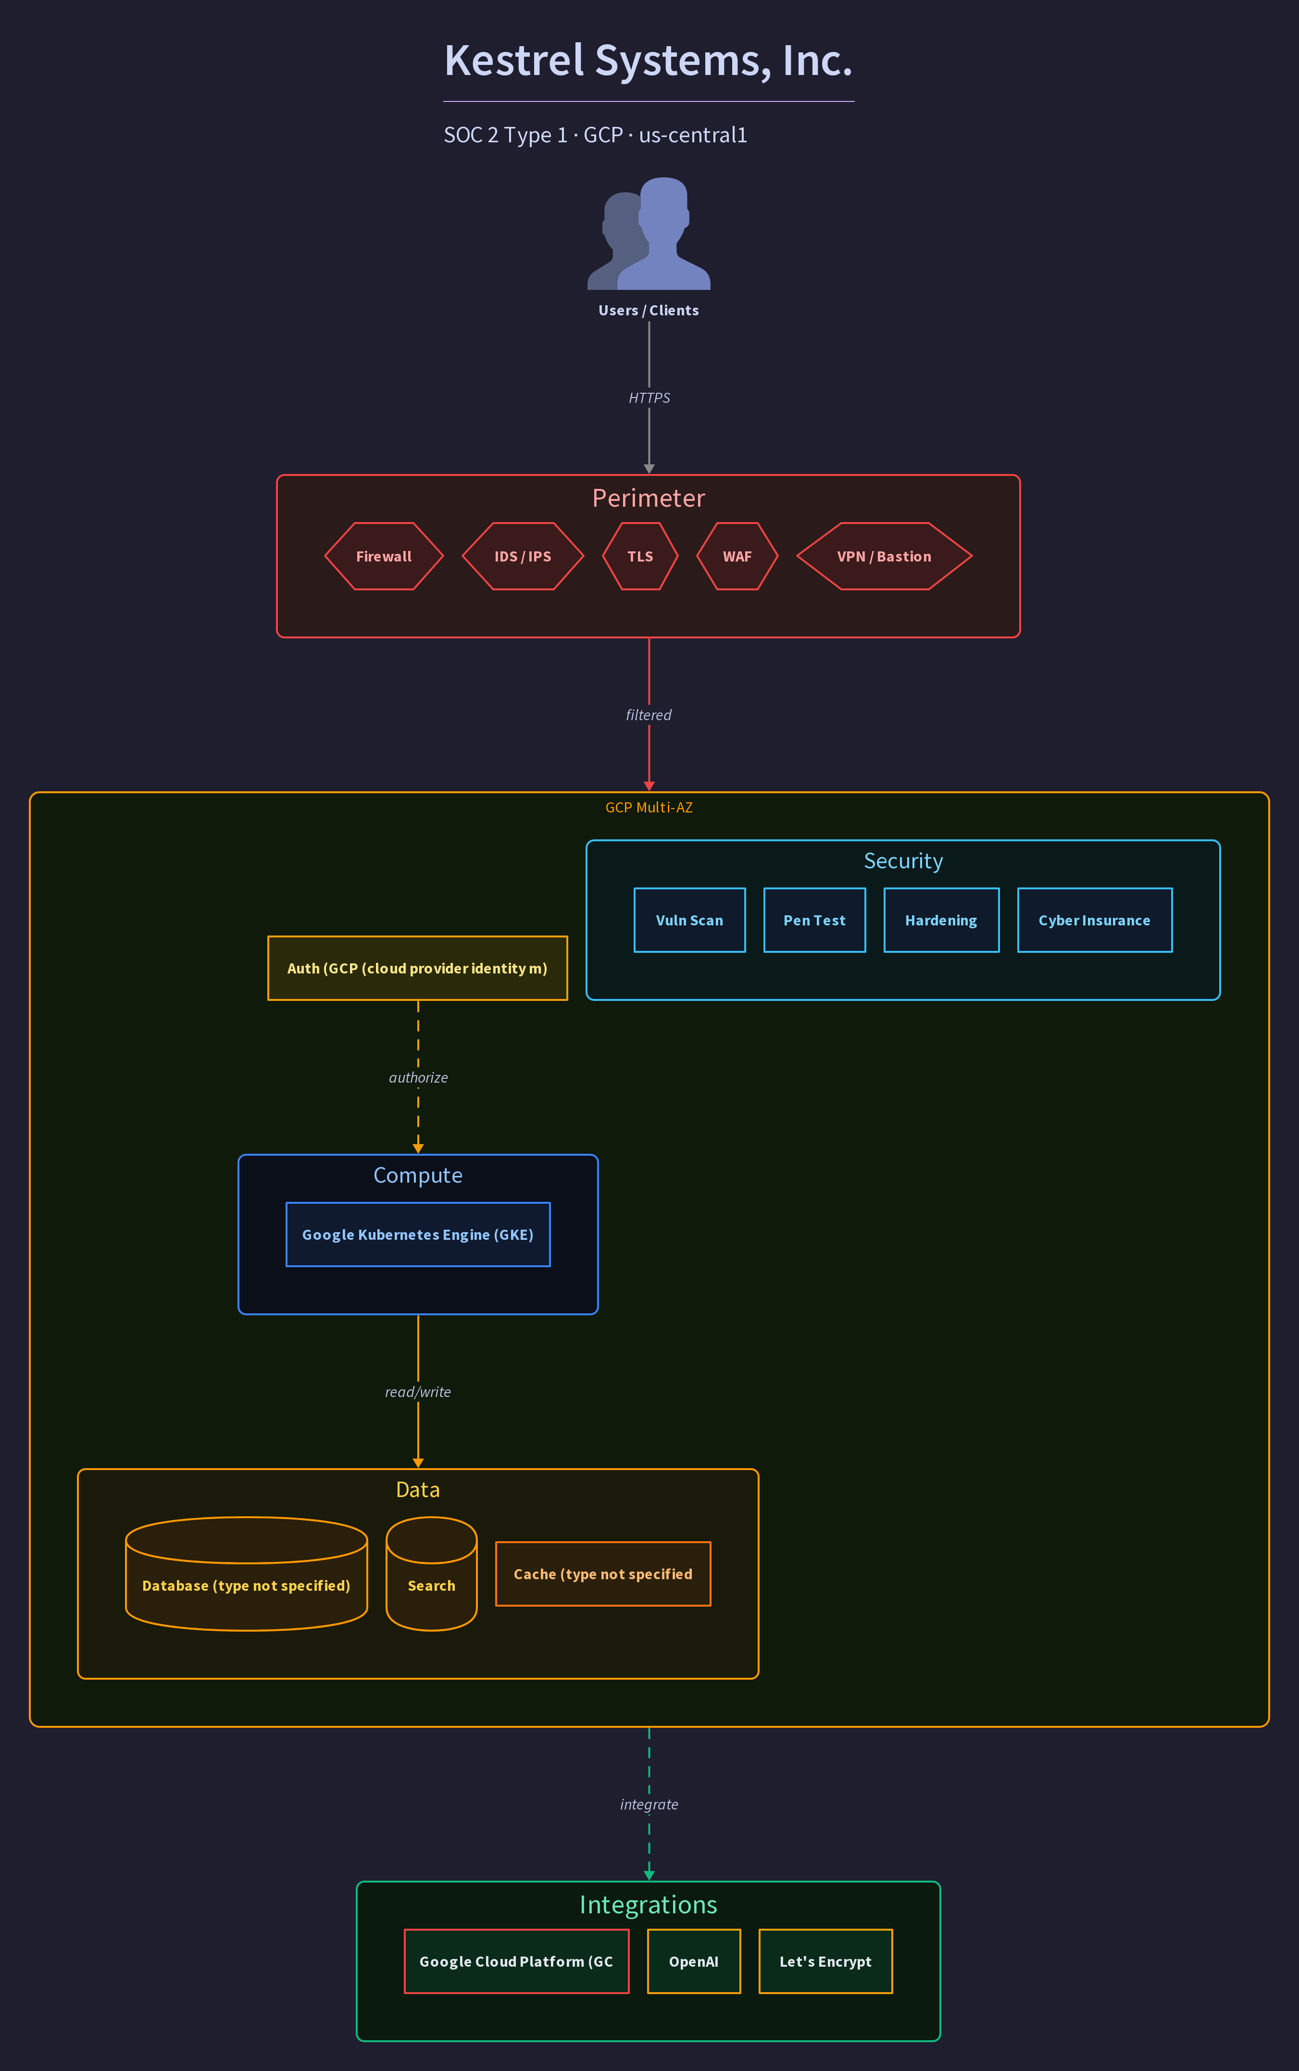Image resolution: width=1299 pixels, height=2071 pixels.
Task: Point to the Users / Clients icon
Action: pyautogui.click(x=649, y=234)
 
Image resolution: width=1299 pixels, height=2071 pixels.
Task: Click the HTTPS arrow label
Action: pyautogui.click(x=649, y=398)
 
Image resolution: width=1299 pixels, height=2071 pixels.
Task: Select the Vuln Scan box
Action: pyautogui.click(x=689, y=920)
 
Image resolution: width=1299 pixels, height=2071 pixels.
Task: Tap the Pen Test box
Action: pyautogui.click(x=814, y=920)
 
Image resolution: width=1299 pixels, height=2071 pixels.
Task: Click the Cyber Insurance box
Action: pyautogui.click(x=1095, y=920)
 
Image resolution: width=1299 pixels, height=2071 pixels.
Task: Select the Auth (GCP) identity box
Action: pyautogui.click(x=417, y=968)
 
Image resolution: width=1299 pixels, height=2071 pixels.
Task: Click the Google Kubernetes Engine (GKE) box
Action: pyautogui.click(x=417, y=1235)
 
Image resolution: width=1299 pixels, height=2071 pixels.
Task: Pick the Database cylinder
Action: pyautogui.click(x=247, y=1573)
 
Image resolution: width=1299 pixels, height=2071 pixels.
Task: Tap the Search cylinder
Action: pyautogui.click(x=431, y=1573)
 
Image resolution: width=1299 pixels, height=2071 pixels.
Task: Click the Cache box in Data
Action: pyautogui.click(x=603, y=1573)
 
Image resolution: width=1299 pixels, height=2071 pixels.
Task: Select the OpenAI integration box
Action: pyautogui.click(x=693, y=1961)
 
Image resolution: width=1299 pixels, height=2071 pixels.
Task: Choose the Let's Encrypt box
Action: pyautogui.click(x=825, y=1961)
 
